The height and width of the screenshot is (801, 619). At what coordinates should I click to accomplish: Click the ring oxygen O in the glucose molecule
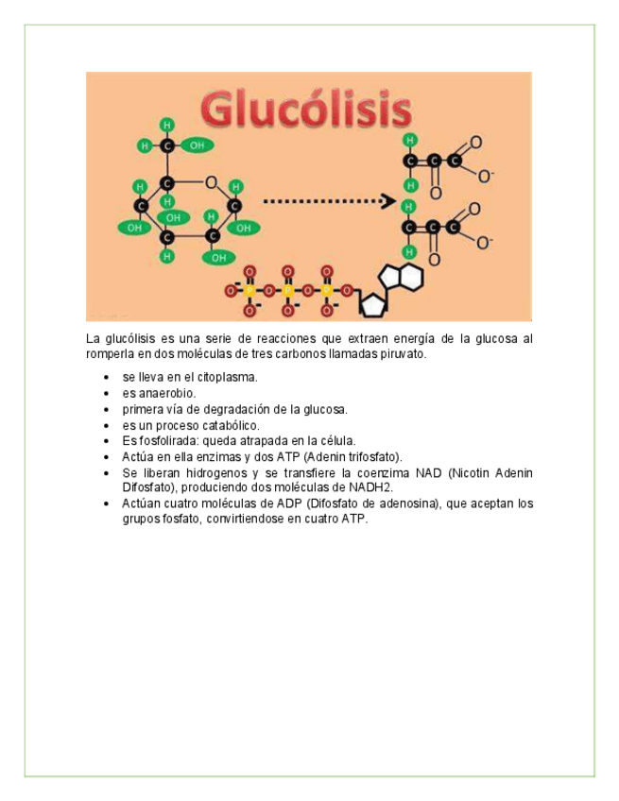(211, 183)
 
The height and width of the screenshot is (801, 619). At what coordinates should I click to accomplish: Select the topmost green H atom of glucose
(167, 125)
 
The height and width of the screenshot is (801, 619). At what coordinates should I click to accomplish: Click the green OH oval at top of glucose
(197, 145)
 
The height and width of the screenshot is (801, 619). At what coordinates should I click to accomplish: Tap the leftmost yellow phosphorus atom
(249, 291)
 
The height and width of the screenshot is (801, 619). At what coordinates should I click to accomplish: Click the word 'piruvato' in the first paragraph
(404, 354)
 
